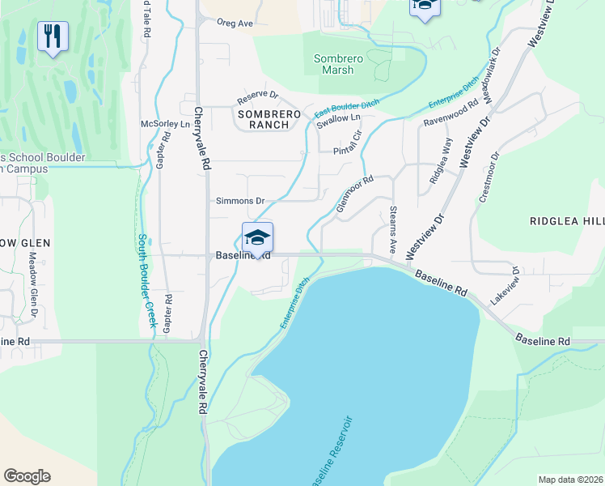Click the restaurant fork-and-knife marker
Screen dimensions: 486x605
53,36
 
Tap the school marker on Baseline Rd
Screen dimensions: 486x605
257,238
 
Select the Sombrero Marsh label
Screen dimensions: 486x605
334,64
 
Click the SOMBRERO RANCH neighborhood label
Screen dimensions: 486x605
269,121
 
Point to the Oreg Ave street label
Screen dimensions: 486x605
235,23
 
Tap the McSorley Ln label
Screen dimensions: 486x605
165,124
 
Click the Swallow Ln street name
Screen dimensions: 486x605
338,120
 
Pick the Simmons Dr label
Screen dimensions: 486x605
240,200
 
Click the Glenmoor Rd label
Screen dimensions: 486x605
353,195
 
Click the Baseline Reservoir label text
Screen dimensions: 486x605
331,452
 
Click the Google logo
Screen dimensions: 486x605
27,476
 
